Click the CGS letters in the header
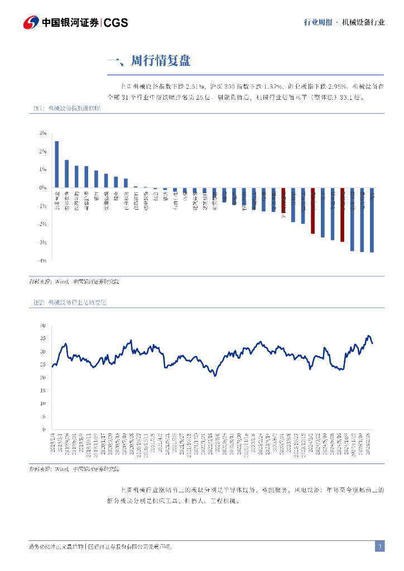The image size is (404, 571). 116,22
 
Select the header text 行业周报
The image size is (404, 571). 318,22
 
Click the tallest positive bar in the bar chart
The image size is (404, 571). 57,164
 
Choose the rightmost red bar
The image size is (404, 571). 343,215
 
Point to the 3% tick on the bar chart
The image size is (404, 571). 42,133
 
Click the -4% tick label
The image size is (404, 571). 42,260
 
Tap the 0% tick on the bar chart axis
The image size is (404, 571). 42,188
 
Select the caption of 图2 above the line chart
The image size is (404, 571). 70,302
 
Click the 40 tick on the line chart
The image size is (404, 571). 42,326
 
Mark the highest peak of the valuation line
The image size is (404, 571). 368,336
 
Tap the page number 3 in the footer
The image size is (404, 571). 379,546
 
